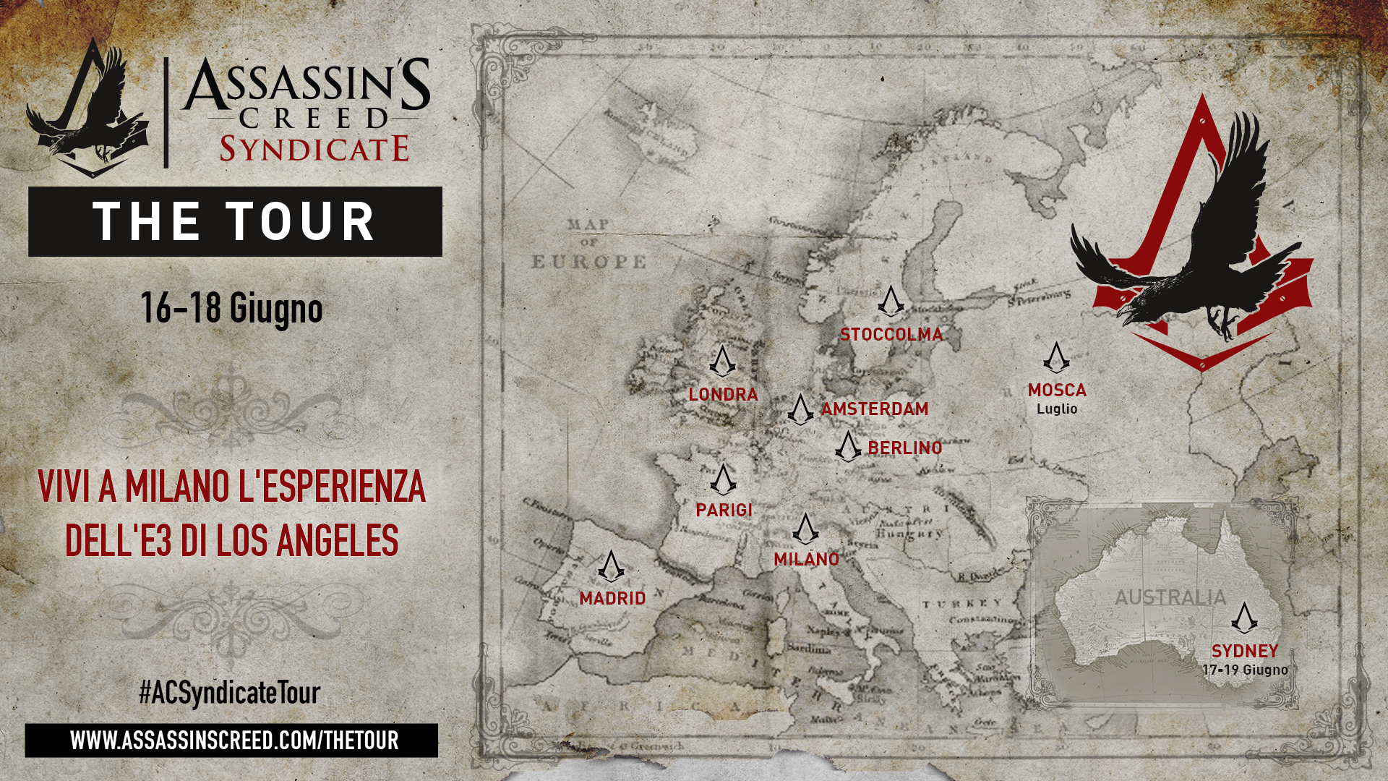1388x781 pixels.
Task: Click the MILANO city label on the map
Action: click(x=806, y=559)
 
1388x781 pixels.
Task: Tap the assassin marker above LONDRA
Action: click(x=721, y=361)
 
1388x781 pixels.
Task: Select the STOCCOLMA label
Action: click(x=891, y=335)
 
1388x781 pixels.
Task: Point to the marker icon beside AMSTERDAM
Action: click(x=800, y=409)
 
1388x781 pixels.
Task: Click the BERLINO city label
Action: click(x=904, y=448)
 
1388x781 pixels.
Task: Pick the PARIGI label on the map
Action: click(x=724, y=511)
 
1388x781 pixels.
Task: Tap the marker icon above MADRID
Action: click(x=611, y=566)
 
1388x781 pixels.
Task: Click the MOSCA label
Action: click(x=1057, y=390)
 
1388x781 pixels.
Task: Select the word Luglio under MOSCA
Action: click(x=1057, y=409)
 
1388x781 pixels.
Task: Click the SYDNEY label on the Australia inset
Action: click(x=1245, y=651)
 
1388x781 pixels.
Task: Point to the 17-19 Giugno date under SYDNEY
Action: click(x=1245, y=670)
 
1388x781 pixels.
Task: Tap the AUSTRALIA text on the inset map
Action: click(x=1170, y=597)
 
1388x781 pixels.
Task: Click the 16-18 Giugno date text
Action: click(x=231, y=309)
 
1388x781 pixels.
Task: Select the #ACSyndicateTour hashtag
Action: click(x=229, y=693)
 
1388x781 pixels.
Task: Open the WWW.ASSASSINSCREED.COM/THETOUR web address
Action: click(x=234, y=741)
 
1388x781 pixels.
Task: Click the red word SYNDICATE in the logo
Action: click(x=314, y=149)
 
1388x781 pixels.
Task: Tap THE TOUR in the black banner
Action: click(x=234, y=221)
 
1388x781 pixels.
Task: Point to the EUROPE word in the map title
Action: click(x=589, y=262)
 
